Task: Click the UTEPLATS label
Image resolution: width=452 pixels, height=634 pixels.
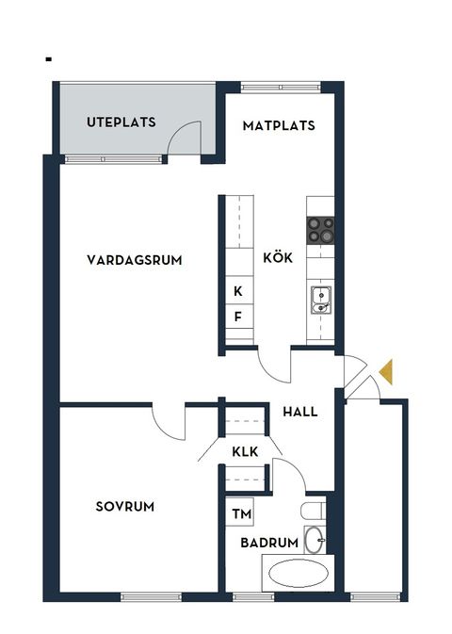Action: (x=121, y=122)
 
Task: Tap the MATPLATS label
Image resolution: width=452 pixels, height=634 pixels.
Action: (x=279, y=125)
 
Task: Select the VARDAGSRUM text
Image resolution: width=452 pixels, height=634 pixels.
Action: (x=134, y=260)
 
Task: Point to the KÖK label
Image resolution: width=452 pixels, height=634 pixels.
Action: (x=278, y=257)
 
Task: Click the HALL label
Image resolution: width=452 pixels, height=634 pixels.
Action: (x=299, y=412)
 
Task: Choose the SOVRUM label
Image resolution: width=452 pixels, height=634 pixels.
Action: (x=124, y=506)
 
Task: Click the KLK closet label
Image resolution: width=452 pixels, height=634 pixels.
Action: (x=245, y=451)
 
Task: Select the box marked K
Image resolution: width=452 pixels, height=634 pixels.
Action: (x=237, y=292)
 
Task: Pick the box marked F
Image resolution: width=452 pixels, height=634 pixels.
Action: (x=237, y=317)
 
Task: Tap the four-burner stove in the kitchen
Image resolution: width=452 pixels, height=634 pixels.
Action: (x=320, y=230)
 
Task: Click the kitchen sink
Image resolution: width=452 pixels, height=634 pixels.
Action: (x=320, y=300)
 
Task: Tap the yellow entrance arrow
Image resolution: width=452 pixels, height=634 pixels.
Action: (x=386, y=372)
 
